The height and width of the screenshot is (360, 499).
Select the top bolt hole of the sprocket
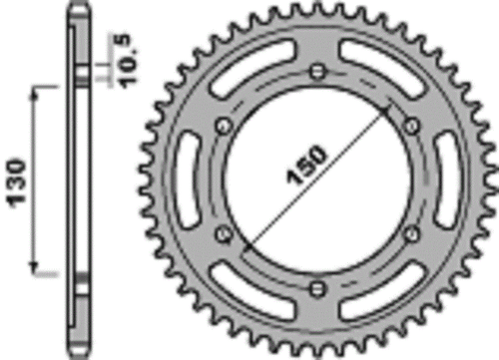(x=318, y=71)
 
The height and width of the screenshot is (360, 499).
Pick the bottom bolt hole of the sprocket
(x=318, y=288)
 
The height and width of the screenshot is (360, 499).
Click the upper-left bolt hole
(x=224, y=125)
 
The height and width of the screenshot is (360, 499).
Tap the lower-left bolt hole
(x=224, y=234)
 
